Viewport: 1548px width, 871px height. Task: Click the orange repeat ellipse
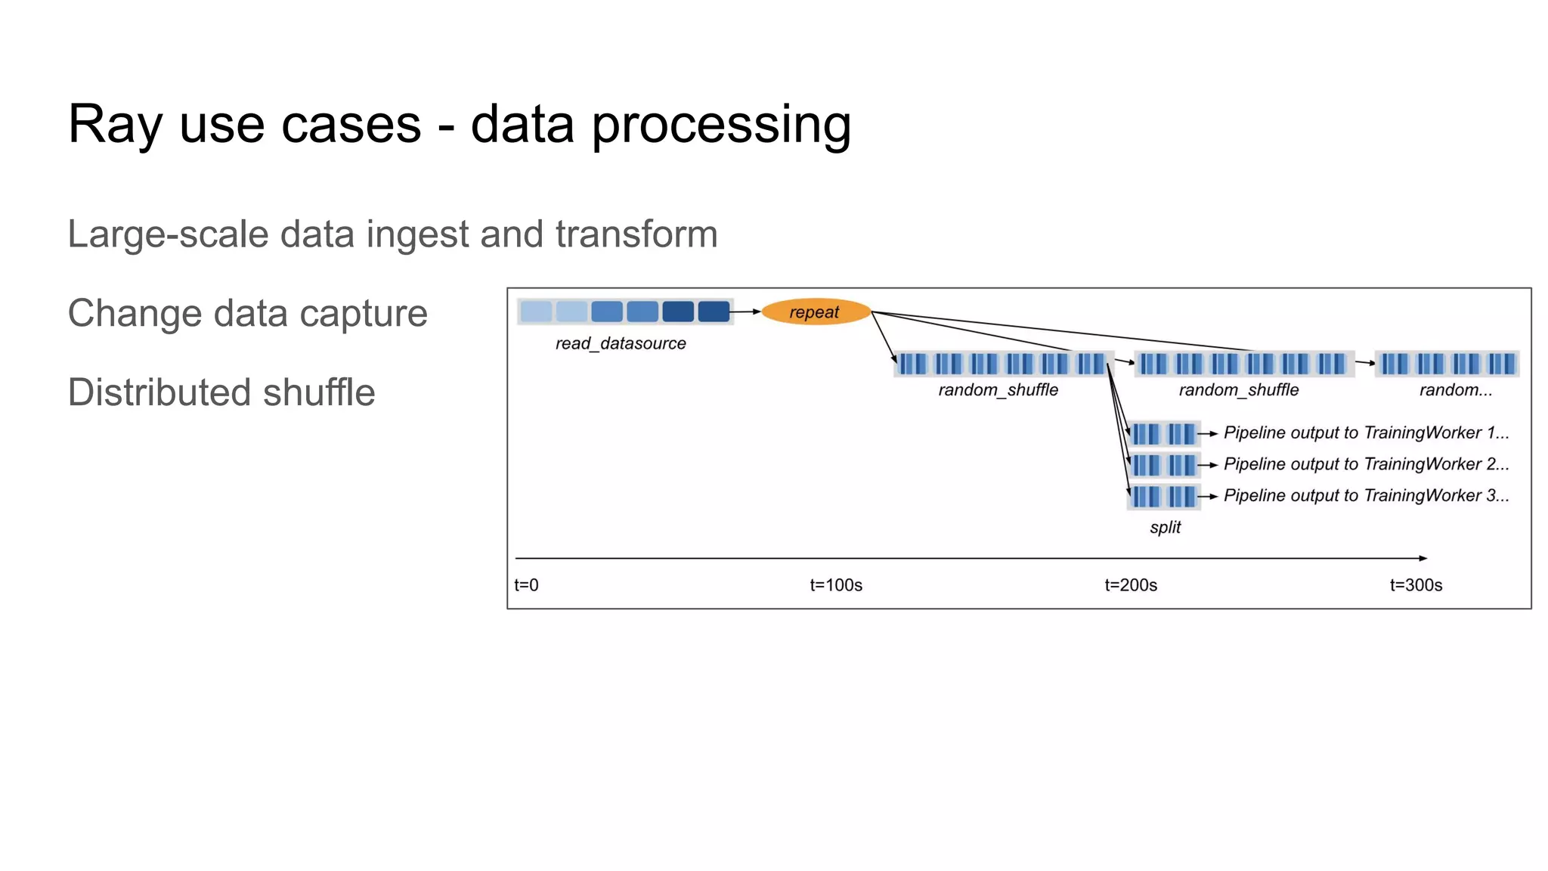point(816,312)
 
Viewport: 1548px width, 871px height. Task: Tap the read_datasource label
point(621,343)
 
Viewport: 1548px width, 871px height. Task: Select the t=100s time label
point(835,585)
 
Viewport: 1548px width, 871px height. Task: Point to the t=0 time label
point(526,585)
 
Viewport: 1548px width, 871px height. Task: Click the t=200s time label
point(1130,585)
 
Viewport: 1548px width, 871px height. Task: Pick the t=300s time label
point(1416,585)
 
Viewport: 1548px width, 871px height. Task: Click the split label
point(1165,527)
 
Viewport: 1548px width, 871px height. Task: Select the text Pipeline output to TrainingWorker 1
point(1365,432)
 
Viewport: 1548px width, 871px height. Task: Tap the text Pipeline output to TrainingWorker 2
point(1365,464)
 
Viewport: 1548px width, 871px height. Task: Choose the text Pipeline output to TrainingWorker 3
point(1365,496)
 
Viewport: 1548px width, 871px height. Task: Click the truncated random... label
point(1455,390)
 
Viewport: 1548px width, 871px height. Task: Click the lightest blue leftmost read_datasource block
point(536,312)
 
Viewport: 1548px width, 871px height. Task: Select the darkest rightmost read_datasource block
point(714,312)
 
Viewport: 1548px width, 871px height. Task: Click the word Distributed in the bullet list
point(159,392)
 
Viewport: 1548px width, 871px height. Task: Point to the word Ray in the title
point(113,125)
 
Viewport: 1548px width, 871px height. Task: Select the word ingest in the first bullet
point(417,234)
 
